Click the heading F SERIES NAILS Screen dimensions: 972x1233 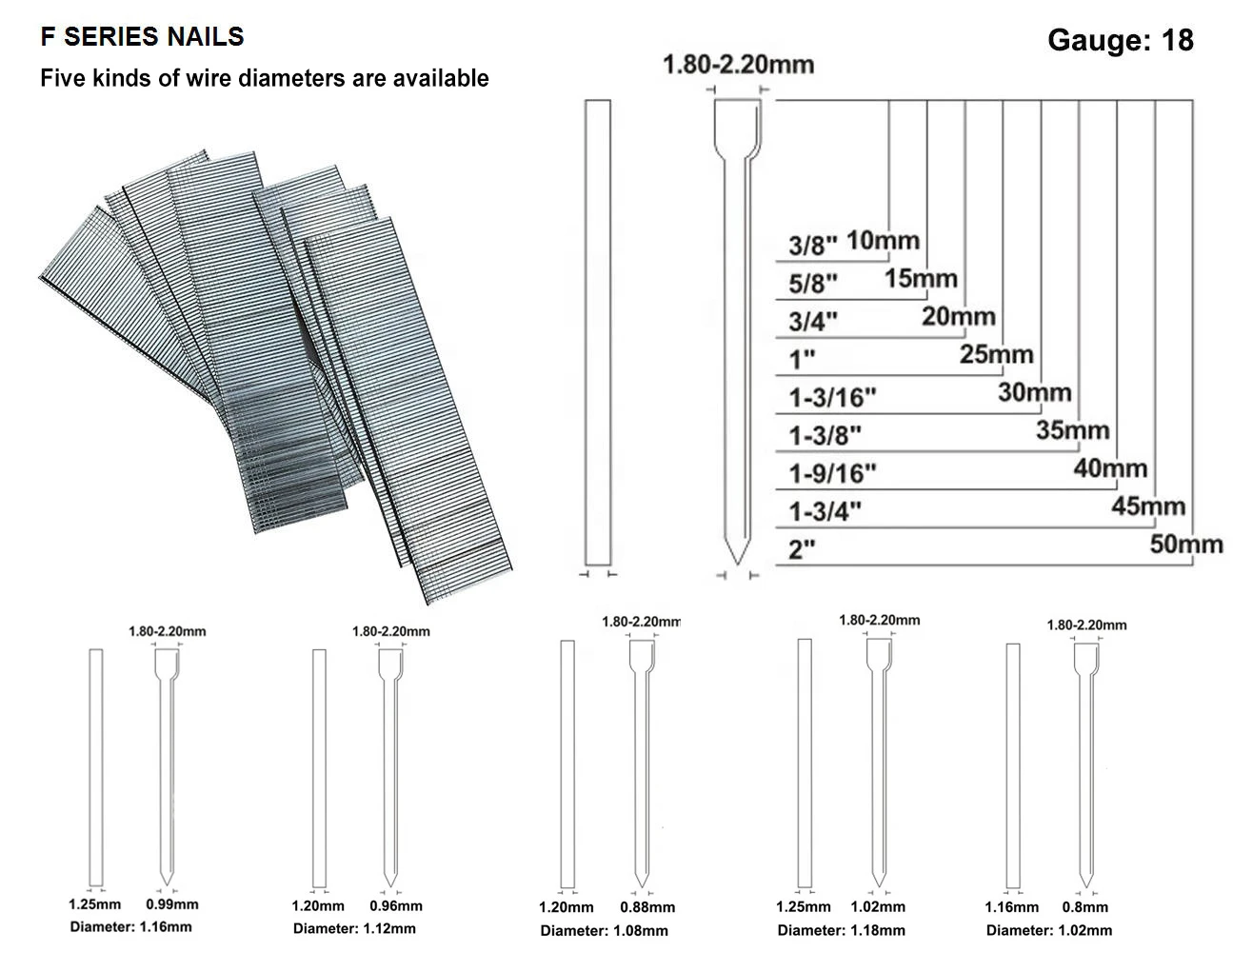142,37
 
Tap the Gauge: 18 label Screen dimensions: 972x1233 1120,40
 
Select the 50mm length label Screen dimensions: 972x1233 1185,545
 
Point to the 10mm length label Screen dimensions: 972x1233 882,240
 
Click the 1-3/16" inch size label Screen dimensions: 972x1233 831,397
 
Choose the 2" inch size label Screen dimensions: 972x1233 803,550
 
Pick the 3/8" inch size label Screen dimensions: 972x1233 812,245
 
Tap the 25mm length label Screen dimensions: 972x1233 996,355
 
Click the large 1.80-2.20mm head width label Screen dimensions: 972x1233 738,65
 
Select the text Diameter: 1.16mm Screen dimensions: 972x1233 130,926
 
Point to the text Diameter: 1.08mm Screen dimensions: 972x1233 604,930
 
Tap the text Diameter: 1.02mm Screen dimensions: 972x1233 1048,930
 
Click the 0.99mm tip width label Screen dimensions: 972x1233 172,904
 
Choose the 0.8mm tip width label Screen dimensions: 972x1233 1085,907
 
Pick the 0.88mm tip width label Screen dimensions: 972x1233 647,907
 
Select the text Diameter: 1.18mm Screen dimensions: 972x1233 841,930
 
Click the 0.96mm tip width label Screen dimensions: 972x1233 396,906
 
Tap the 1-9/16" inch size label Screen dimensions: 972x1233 831,473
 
